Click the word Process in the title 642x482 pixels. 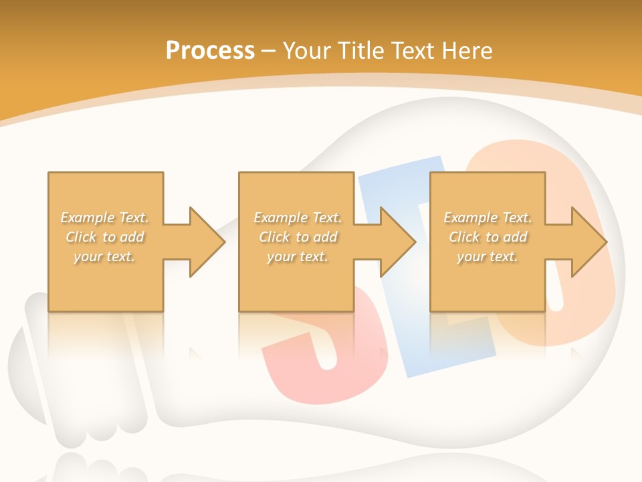(210, 51)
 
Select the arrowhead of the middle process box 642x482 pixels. (397, 242)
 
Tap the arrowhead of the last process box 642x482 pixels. (588, 242)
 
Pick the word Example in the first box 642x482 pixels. (87, 218)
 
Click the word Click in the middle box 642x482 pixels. (274, 237)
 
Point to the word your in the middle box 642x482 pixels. (281, 256)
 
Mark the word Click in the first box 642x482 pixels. (80, 237)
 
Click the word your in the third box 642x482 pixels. (471, 256)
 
